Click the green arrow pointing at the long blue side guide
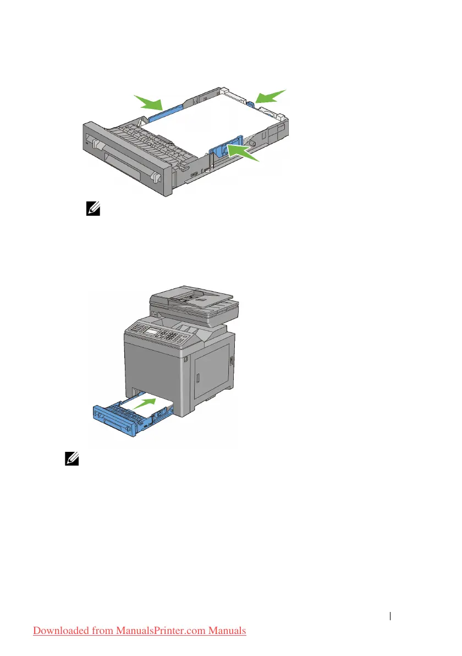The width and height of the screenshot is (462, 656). click(x=150, y=102)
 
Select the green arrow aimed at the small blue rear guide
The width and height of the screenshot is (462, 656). click(x=271, y=97)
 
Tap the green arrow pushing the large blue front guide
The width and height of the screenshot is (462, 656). click(x=243, y=152)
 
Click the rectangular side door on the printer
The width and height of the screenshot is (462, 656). click(x=212, y=369)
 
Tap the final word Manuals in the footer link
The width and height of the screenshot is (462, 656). click(x=228, y=630)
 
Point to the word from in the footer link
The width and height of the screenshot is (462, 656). click(x=100, y=630)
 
